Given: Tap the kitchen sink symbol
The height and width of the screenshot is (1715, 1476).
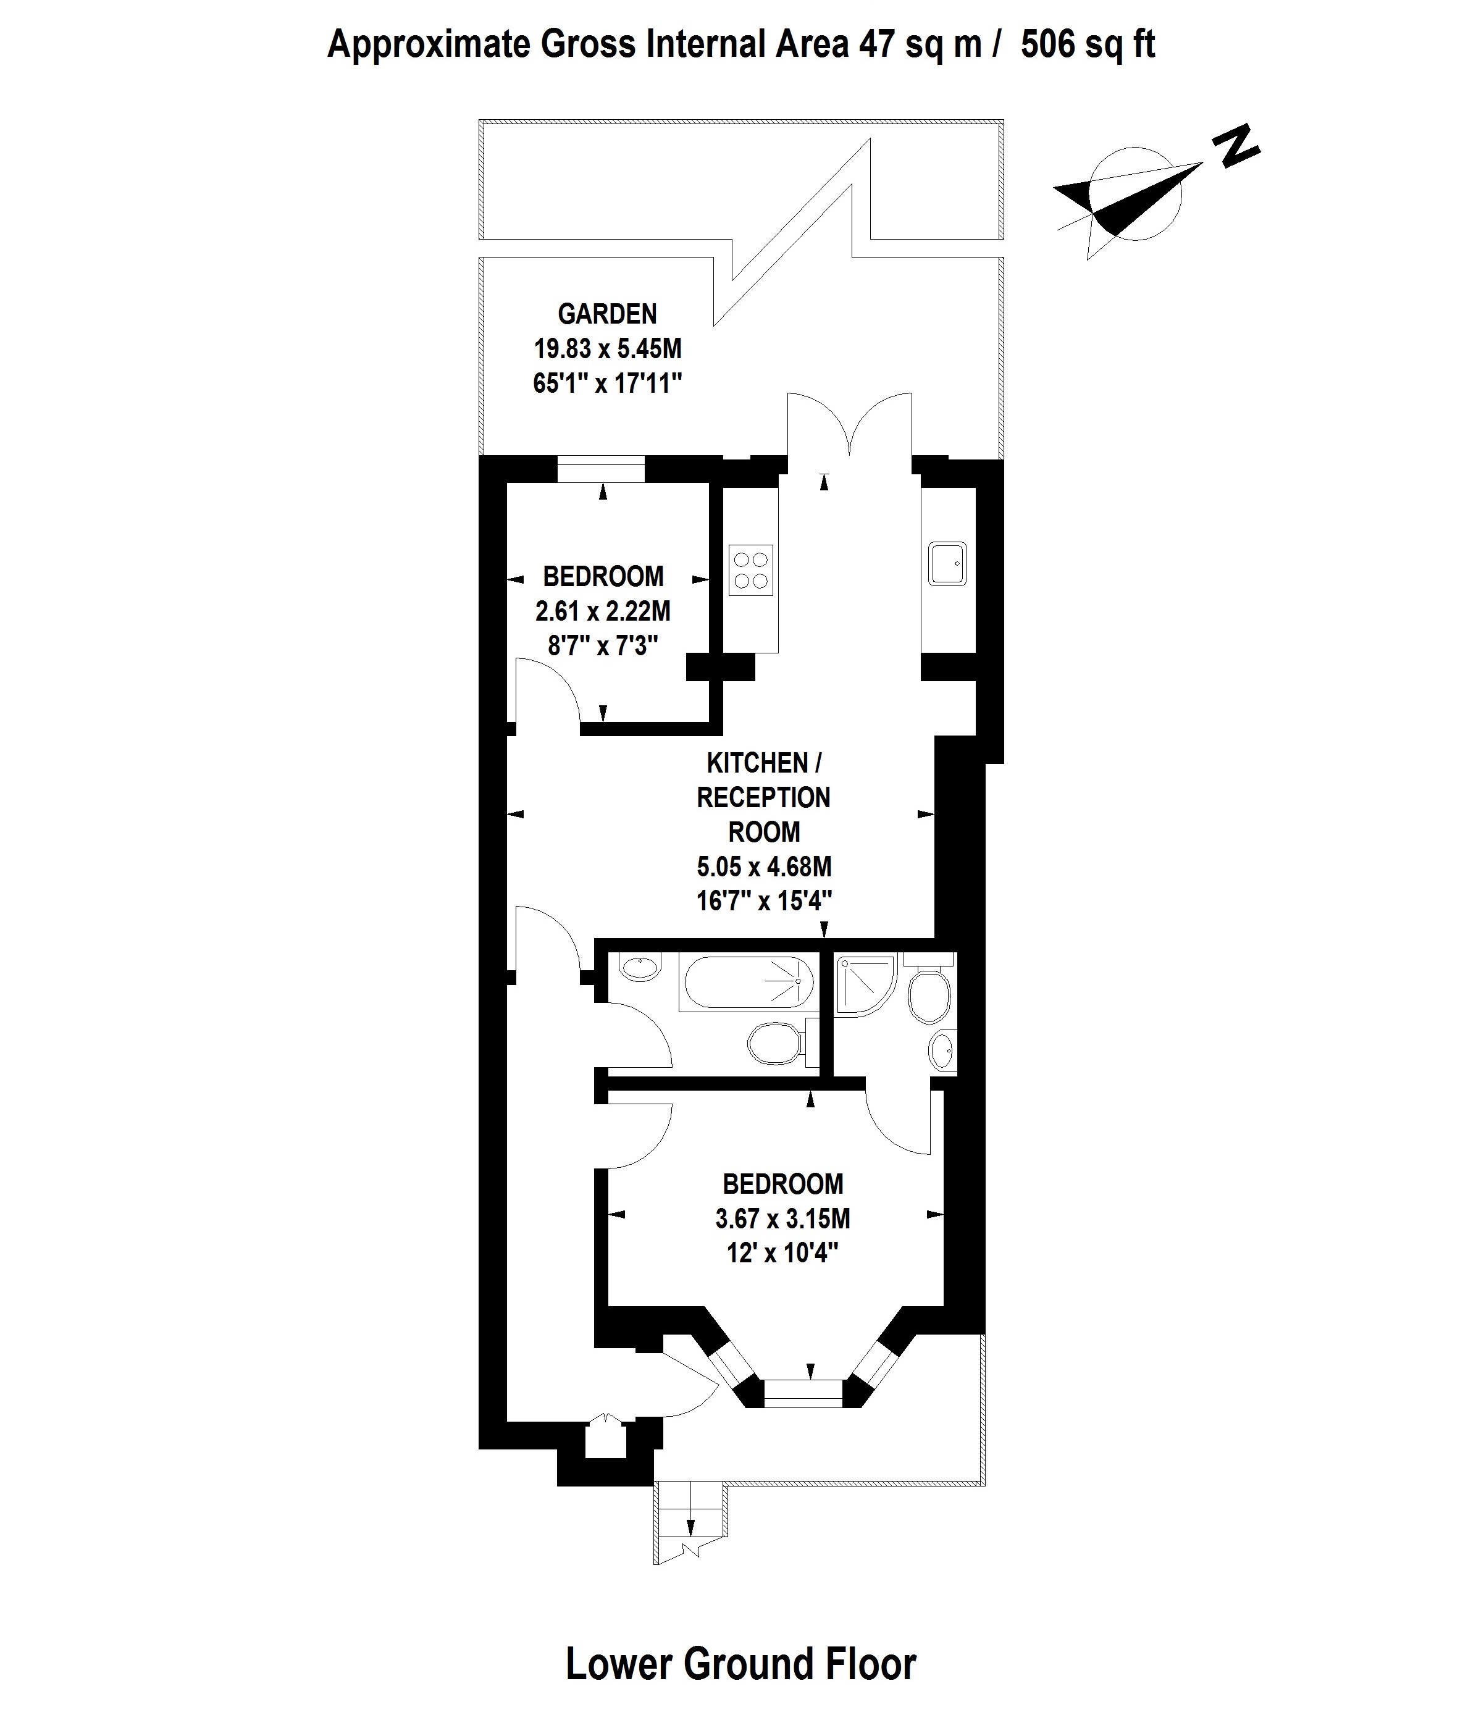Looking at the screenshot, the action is tap(947, 564).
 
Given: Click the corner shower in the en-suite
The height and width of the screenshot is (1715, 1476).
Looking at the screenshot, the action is tap(866, 985).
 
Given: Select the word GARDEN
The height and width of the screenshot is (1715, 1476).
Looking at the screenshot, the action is tap(608, 314).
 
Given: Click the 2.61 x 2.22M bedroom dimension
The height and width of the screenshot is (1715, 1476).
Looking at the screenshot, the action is tap(603, 611).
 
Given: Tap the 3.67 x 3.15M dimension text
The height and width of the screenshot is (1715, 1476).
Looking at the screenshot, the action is tap(783, 1218).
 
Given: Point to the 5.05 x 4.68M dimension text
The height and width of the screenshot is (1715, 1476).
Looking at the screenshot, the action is tap(764, 866).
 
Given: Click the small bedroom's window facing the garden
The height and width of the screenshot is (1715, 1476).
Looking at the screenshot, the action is tap(601, 469).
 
